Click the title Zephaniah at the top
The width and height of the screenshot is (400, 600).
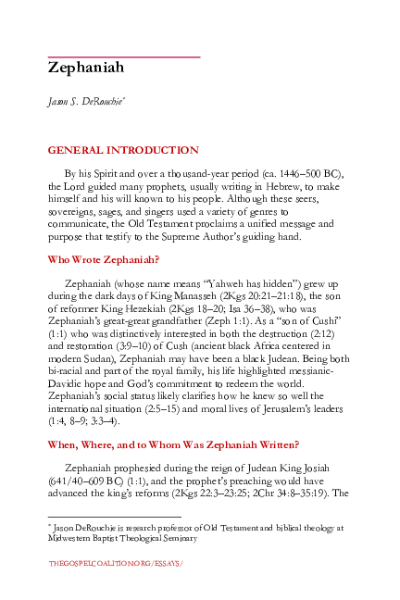[x=85, y=68]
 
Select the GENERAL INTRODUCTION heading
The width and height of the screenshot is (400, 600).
[x=122, y=150]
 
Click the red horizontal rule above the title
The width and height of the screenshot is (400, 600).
[x=124, y=57]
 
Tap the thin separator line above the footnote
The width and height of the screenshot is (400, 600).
[x=114, y=517]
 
